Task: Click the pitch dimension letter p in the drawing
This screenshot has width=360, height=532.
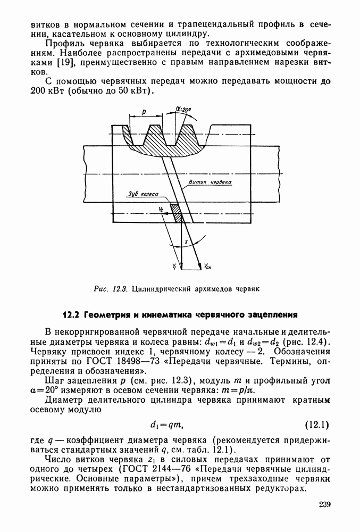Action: (x=144, y=112)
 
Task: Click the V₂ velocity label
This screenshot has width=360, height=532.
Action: (x=161, y=210)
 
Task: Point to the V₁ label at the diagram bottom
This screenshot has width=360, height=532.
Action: (x=174, y=264)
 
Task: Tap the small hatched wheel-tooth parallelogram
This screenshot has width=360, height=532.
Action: (x=175, y=213)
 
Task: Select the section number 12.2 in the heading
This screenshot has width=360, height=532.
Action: (x=71, y=314)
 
